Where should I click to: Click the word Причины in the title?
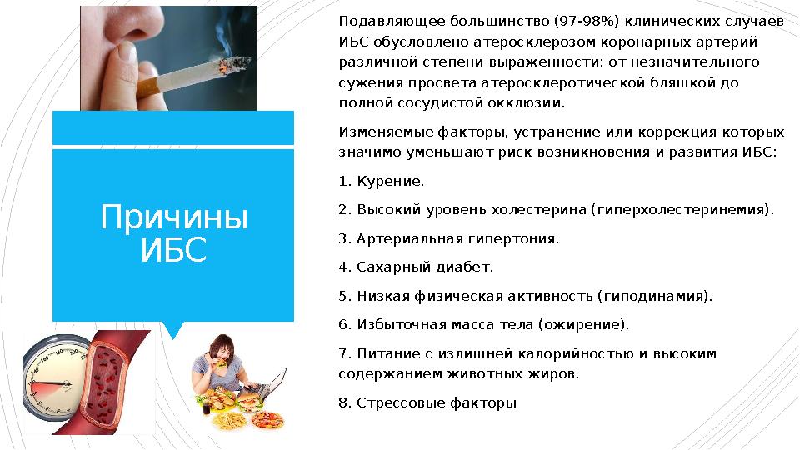[x=174, y=218]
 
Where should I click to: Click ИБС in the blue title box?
[x=173, y=250]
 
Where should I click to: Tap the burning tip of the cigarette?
[x=242, y=62]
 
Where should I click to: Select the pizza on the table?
[x=268, y=418]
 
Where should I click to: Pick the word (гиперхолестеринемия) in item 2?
[x=682, y=209]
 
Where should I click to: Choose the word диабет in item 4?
[x=467, y=267]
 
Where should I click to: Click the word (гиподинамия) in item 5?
[x=655, y=296]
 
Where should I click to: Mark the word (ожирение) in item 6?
[x=584, y=324]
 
